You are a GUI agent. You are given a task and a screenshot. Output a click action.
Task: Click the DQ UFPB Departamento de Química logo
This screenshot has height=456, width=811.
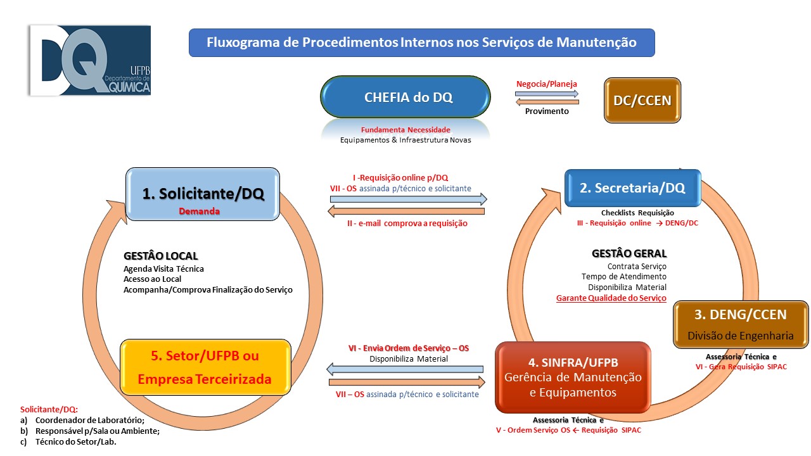tap(89, 61)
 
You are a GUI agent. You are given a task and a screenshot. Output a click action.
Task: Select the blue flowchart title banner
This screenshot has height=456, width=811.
tap(421, 43)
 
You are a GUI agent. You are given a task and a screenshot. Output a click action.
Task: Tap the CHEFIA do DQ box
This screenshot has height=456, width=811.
tap(405, 98)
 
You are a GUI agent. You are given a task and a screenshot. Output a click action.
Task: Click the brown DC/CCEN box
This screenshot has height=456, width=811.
tap(642, 100)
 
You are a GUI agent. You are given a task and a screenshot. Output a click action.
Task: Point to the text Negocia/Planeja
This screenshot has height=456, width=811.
tap(547, 84)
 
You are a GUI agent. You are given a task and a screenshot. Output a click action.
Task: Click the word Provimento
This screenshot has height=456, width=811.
tap(547, 111)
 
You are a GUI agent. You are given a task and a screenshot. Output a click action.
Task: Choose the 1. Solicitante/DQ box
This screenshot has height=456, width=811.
tap(203, 194)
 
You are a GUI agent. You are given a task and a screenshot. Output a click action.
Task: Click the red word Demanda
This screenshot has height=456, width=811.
tap(199, 212)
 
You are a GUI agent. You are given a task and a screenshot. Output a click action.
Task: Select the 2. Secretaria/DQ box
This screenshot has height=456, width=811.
tap(632, 188)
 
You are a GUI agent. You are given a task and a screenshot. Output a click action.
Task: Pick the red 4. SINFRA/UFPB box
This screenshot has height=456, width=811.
tap(573, 377)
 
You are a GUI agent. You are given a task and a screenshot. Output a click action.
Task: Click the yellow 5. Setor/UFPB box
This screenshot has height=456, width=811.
tap(205, 367)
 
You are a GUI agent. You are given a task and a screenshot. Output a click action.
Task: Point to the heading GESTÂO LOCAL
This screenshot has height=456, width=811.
tap(161, 256)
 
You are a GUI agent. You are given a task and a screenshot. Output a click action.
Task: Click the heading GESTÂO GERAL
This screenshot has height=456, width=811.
tap(629, 254)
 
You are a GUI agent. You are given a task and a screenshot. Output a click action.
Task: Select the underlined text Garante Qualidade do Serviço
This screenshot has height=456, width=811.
tap(611, 298)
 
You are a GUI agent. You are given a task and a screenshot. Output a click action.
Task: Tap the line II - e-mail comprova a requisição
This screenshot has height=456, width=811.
tap(407, 224)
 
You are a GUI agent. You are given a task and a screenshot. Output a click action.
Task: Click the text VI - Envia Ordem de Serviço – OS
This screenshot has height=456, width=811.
tap(409, 348)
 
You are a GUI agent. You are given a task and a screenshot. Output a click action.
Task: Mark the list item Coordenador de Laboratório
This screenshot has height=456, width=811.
tap(90, 421)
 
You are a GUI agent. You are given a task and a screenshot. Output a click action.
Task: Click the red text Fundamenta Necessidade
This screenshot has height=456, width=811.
tap(405, 130)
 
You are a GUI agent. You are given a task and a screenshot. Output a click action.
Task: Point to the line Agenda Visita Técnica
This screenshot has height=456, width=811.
tap(163, 269)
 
